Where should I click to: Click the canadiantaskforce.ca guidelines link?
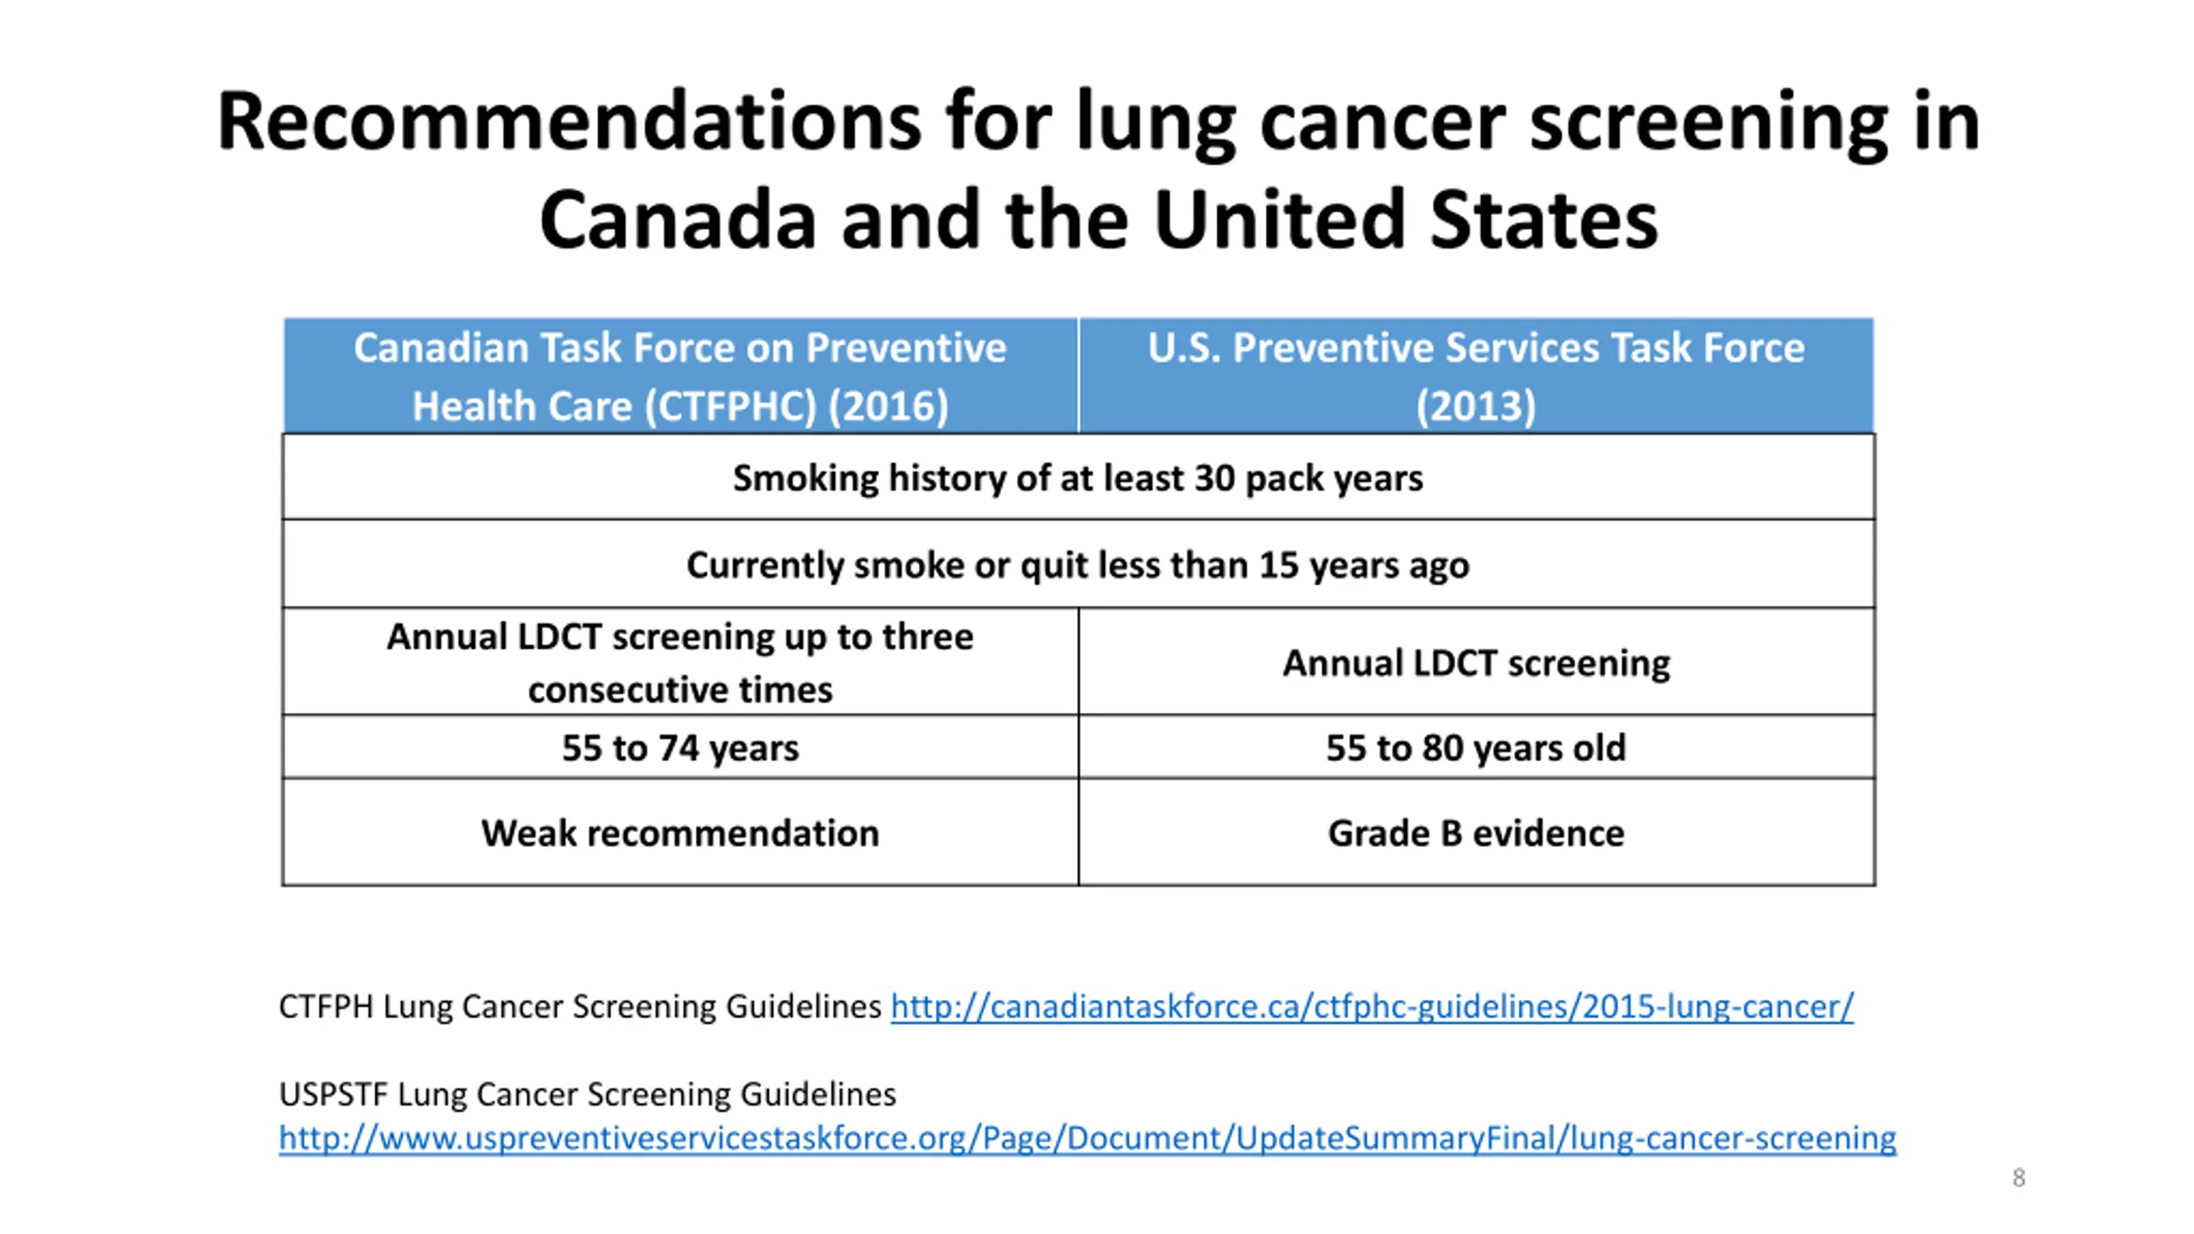1371,1006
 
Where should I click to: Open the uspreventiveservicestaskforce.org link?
1087,1138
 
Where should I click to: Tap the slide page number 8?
2018,1177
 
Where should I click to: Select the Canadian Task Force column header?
680,376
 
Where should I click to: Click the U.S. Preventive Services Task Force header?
1475,376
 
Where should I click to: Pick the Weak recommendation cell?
680,833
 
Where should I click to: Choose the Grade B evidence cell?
1475,833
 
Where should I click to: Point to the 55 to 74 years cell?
680,747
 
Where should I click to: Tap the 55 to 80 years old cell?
1475,747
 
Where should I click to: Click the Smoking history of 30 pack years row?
1077,478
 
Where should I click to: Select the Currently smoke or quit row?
1077,565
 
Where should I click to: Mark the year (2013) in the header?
1475,406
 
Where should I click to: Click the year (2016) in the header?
888,406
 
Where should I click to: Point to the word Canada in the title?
677,220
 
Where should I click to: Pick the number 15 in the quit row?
1278,565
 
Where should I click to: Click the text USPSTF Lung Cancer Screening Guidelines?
587,1094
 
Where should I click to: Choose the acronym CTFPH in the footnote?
326,1006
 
